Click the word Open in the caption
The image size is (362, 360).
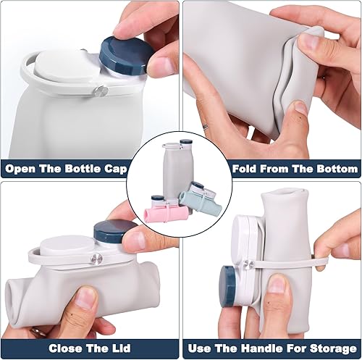[22, 169]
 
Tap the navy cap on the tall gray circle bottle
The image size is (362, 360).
[185, 143]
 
